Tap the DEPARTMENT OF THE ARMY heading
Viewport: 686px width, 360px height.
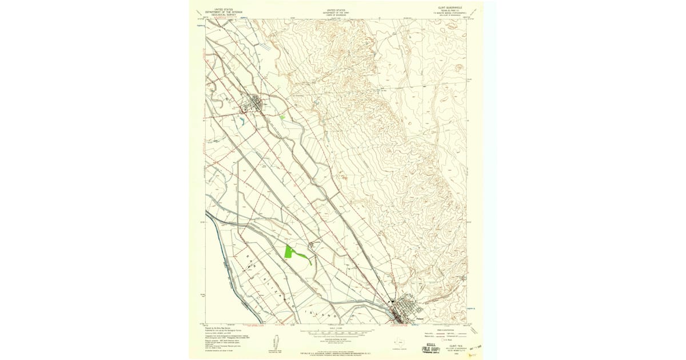337,13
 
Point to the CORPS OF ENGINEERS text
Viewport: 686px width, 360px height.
337,15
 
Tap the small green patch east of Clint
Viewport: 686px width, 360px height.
282,117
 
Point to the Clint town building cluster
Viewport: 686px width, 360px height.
253,104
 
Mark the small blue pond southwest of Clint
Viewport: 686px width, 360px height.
242,121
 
